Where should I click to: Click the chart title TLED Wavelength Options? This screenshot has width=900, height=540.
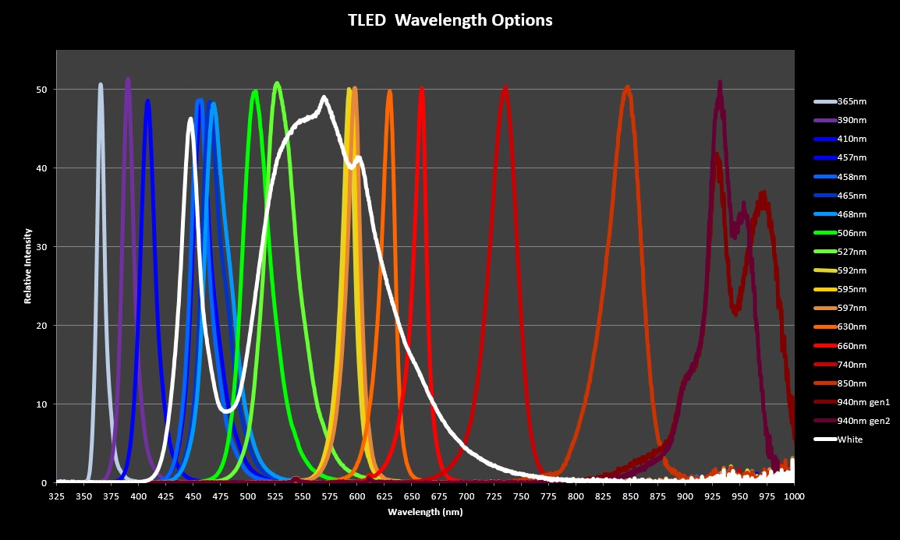(450, 20)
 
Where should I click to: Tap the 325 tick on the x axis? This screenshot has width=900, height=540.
(56, 496)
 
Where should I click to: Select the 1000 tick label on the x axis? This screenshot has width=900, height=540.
(794, 496)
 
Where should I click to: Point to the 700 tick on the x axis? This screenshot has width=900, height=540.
(466, 496)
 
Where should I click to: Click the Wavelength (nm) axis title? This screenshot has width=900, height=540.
(425, 512)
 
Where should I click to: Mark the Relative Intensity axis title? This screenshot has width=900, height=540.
(28, 266)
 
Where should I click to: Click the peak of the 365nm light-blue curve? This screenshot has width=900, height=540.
(101, 84)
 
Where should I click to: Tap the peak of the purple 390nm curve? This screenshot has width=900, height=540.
(128, 79)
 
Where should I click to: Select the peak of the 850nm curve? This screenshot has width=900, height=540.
(628, 87)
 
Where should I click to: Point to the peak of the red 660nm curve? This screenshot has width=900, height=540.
(422, 88)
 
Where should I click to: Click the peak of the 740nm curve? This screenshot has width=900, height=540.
(505, 87)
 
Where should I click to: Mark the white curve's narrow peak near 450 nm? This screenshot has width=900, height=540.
(191, 118)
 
